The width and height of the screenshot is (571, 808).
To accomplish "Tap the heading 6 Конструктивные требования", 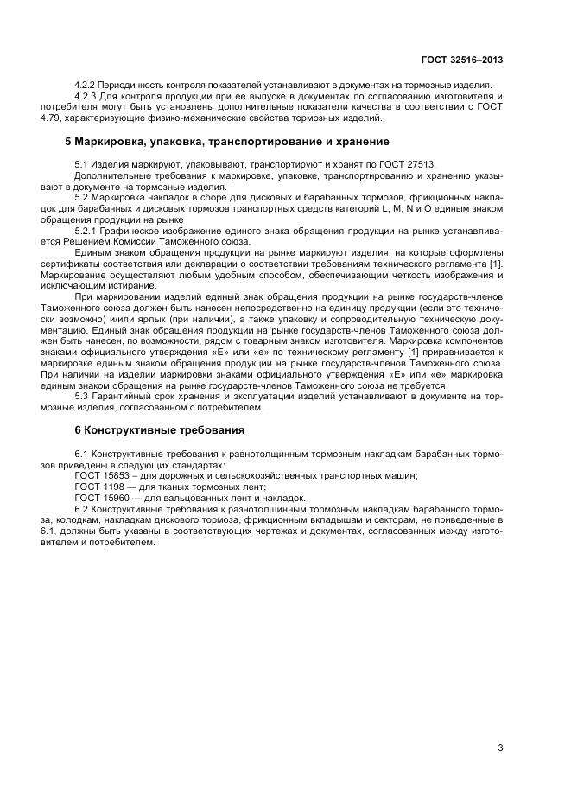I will pyautogui.click(x=155, y=429).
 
